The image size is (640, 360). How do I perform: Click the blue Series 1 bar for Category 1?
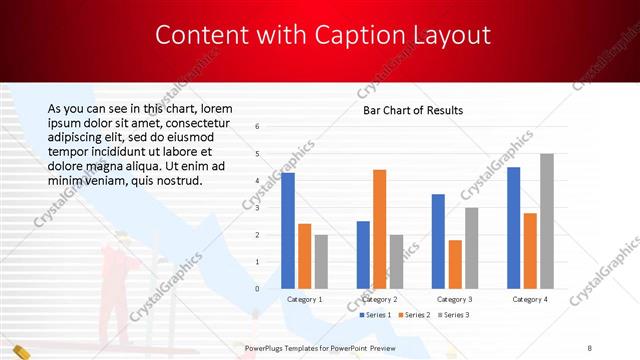click(288, 231)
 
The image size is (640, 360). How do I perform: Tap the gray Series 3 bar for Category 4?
click(546, 221)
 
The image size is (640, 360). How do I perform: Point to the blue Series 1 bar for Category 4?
click(514, 228)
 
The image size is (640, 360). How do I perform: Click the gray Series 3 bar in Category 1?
click(321, 262)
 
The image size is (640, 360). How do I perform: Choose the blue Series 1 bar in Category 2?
click(363, 255)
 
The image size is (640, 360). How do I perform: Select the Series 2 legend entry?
click(414, 315)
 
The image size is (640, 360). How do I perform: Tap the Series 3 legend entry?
click(453, 315)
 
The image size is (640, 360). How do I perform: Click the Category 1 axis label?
click(304, 299)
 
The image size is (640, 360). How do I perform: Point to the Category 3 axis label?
click(455, 299)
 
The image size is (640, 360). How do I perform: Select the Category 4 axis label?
click(529, 299)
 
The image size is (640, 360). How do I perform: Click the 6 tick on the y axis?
click(257, 127)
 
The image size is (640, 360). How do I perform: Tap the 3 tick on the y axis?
click(257, 208)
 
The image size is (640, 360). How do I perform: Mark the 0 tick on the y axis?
click(257, 289)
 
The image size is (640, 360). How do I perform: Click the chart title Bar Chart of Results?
click(412, 110)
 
